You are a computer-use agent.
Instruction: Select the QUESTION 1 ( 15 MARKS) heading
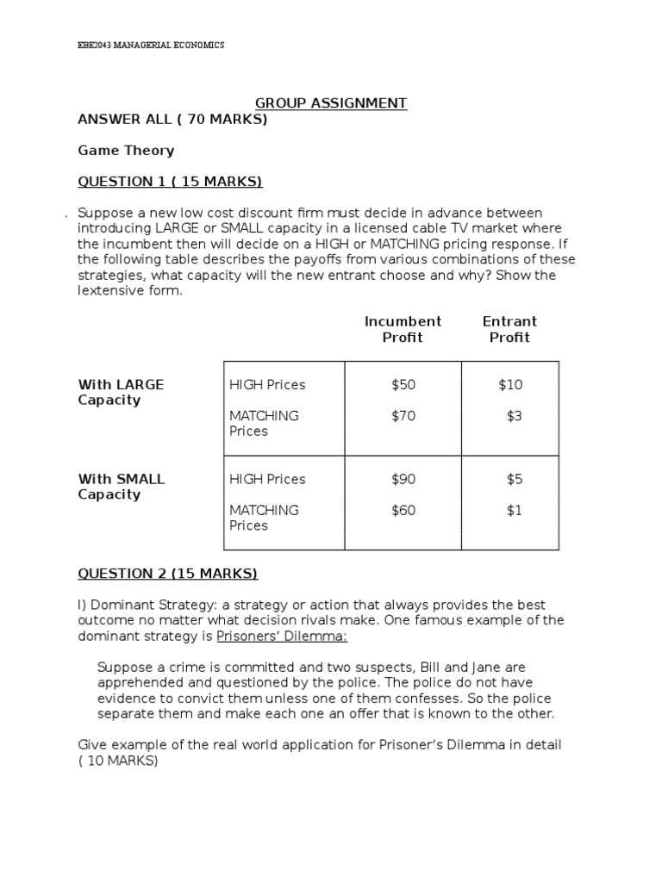click(x=170, y=182)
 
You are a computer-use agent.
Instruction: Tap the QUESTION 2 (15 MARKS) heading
click(x=168, y=574)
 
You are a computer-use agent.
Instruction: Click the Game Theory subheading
click(x=126, y=151)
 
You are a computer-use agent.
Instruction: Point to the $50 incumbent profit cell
click(x=403, y=385)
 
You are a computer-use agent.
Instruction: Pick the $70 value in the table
click(x=403, y=416)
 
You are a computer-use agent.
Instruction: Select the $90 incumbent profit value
click(x=403, y=480)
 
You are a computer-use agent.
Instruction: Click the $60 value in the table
click(x=403, y=511)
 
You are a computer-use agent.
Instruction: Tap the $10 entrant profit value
click(x=510, y=385)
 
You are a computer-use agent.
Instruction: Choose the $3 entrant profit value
click(x=514, y=416)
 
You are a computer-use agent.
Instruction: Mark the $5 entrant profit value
click(x=514, y=480)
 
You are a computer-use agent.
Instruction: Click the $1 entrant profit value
click(x=514, y=511)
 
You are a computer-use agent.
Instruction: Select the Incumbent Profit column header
click(x=403, y=329)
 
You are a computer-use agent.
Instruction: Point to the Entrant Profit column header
click(x=509, y=329)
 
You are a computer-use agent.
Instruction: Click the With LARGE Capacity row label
click(x=121, y=393)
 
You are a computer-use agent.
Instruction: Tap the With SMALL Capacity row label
click(x=121, y=487)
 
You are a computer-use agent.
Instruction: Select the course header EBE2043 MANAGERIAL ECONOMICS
click(x=151, y=45)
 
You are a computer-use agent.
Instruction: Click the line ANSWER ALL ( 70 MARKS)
click(x=172, y=120)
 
